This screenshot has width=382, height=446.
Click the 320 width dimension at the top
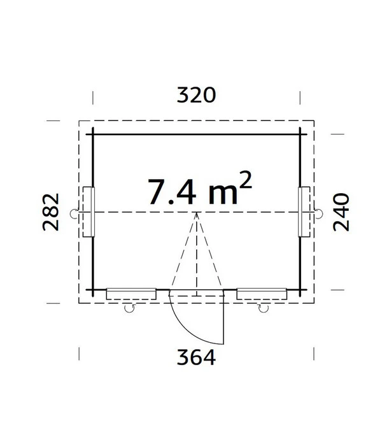pyautogui.click(x=196, y=95)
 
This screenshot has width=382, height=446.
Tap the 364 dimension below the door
pyautogui.click(x=196, y=357)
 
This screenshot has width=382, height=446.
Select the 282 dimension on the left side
pyautogui.click(x=51, y=212)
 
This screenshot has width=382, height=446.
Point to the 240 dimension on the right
pyautogui.click(x=341, y=212)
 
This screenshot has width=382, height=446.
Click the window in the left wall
pyautogui.click(x=88, y=212)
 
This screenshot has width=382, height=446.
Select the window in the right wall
pyautogui.click(x=304, y=212)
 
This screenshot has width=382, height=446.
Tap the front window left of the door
pyautogui.click(x=131, y=294)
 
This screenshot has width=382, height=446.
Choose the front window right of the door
pyautogui.click(x=262, y=294)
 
